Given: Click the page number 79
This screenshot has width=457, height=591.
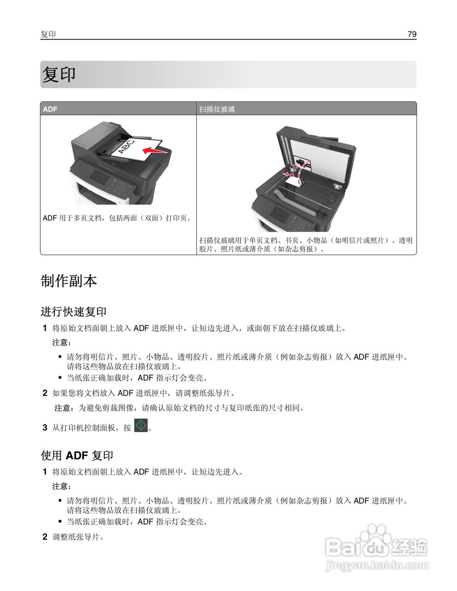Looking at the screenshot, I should pos(412,34).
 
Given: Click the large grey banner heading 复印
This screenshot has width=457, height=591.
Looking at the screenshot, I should pos(59,75).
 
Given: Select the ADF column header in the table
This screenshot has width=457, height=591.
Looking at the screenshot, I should pos(50,109).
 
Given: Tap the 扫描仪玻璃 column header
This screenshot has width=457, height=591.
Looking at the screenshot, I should pos(217,109).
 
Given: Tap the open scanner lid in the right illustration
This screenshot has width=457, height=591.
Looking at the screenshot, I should pos(319,157).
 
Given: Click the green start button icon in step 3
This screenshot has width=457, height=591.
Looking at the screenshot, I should pos(140,425).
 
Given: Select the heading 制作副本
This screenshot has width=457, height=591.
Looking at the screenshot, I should pos(69,281).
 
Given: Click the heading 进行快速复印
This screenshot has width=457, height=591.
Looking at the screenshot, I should pos(73,312).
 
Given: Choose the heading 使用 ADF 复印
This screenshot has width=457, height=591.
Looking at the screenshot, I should pos(77,455).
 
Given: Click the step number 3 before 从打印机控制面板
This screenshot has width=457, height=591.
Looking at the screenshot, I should pos(45,428).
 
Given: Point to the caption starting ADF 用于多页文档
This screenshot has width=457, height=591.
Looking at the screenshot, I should pos(117,218).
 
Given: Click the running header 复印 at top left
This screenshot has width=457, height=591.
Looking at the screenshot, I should pos(48,34).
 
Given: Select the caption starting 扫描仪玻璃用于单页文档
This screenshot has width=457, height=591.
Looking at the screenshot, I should pos(305,245).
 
